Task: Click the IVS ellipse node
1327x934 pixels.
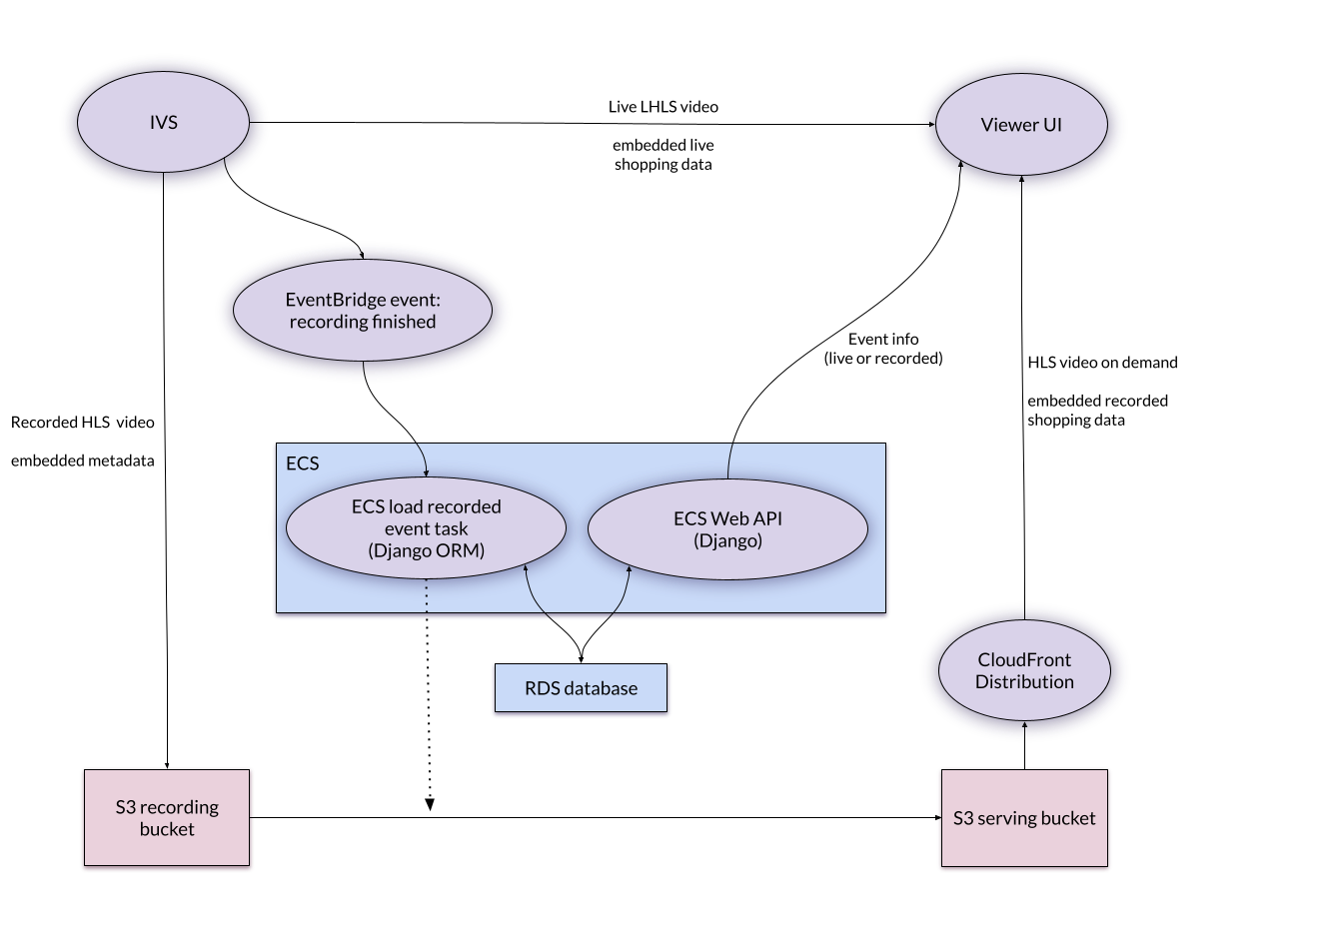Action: tap(164, 123)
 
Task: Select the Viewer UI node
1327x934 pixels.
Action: tap(1021, 125)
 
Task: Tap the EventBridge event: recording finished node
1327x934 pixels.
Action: tap(363, 311)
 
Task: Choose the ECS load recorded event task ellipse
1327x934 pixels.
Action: tap(426, 527)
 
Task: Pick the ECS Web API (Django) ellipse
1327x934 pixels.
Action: tap(727, 529)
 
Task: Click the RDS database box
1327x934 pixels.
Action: tap(581, 688)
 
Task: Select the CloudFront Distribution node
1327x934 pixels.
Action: tap(1024, 670)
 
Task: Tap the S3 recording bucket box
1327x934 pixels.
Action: tap(167, 818)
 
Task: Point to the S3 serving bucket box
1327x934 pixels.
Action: tap(1024, 818)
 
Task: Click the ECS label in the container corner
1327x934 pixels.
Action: tap(303, 464)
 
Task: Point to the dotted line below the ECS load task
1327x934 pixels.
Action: tap(427, 599)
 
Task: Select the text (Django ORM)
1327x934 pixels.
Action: tap(426, 550)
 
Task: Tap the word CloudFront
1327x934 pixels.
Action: tap(1024, 659)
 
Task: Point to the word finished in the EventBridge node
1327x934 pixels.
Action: tap(403, 322)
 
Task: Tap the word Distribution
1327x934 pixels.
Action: tap(1024, 682)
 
